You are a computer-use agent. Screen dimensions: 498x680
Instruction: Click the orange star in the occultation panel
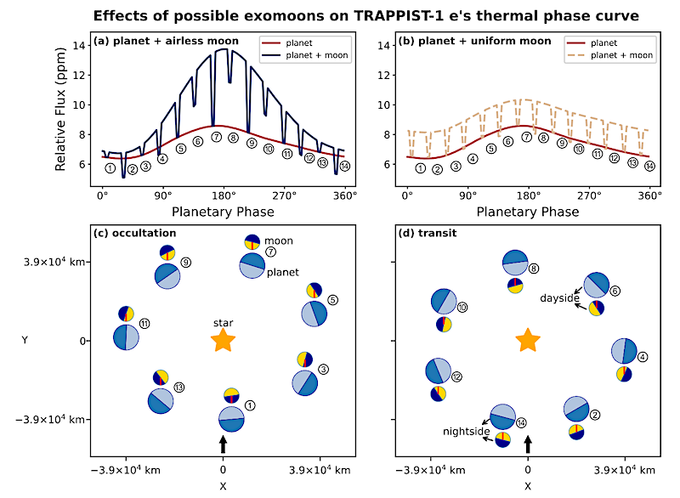[223, 341]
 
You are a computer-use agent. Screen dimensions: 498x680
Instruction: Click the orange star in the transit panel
[528, 341]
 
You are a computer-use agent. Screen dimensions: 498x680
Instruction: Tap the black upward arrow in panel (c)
[223, 444]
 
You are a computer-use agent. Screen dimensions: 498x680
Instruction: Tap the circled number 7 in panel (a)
[217, 136]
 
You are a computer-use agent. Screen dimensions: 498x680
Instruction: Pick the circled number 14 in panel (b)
[649, 166]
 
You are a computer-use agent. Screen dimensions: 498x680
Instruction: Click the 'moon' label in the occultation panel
[279, 241]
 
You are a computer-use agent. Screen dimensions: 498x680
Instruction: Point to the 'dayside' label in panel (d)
[558, 298]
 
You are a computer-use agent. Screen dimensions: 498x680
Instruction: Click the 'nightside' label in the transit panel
[467, 432]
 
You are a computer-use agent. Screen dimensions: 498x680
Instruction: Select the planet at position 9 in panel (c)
[167, 274]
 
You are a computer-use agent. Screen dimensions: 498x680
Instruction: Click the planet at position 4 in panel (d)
[625, 350]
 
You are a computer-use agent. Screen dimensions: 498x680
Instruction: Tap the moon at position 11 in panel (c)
[126, 314]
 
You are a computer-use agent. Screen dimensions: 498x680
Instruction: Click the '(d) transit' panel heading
[426, 232]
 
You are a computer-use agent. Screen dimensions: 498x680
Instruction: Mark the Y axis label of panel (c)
[25, 341]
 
